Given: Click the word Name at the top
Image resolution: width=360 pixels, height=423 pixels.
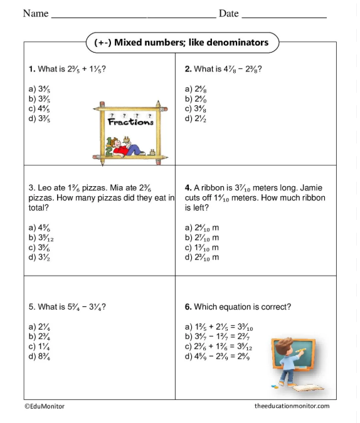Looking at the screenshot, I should click(36, 14).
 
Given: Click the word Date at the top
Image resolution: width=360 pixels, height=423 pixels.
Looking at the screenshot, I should click(228, 14).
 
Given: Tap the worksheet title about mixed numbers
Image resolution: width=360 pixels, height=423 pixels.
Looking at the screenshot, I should click(181, 43).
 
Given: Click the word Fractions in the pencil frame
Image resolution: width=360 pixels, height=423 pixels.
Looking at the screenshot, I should click(130, 122).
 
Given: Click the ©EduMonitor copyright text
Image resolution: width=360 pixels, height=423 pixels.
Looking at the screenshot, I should click(45, 406).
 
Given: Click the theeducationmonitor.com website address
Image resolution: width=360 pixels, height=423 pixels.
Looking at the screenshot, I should click(292, 406).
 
